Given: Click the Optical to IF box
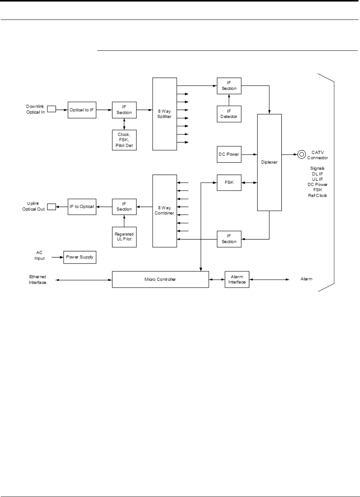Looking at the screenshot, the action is point(82,110).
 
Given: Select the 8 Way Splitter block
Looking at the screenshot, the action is point(165,114).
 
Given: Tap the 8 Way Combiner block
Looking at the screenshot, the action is point(165,211).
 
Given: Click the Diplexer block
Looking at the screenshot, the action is point(270,162).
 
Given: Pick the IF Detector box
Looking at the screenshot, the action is point(229,114).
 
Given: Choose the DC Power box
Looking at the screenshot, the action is point(229,154).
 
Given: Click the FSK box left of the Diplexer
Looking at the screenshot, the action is point(229,183).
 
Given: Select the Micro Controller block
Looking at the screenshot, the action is point(160,279).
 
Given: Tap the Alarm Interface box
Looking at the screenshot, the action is point(237,279).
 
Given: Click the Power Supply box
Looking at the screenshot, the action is point(80,257).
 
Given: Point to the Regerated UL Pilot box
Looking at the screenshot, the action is point(124,237).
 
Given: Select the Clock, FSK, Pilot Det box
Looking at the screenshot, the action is point(124,140).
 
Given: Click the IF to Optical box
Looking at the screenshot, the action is point(82,207).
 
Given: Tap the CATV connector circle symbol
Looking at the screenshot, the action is point(302,154).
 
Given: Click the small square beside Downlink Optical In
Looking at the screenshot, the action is point(52,109).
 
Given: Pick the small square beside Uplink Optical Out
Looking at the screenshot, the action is point(52,207).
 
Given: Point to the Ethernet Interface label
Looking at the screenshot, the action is point(37,280).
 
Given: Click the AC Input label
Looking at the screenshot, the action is point(39,256).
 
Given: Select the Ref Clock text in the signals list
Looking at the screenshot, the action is point(318,196).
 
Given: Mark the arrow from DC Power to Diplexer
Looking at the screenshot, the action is point(249,154).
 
